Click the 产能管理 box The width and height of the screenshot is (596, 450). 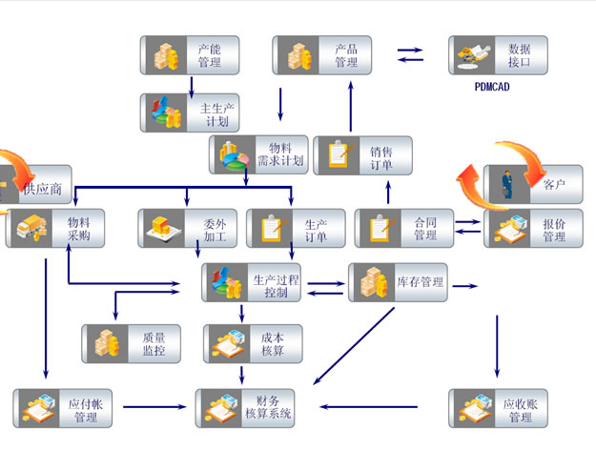[189, 55]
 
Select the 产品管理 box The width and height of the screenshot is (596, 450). [321, 55]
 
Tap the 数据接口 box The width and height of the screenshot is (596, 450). [498, 55]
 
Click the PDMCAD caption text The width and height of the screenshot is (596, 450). [494, 86]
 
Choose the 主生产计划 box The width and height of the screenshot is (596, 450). [189, 112]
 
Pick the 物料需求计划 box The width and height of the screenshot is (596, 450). [258, 154]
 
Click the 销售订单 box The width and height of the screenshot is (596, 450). [363, 155]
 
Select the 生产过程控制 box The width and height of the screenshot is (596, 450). [252, 283]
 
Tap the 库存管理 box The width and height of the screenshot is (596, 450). [398, 283]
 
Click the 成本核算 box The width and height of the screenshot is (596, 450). [253, 343]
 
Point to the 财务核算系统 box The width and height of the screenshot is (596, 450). [245, 408]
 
